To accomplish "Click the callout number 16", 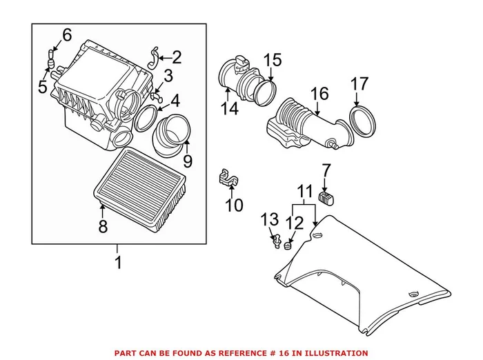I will pyautogui.click(x=319, y=92).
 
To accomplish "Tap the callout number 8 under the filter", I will pyautogui.click(x=103, y=226).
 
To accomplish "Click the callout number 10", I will pyautogui.click(x=235, y=204).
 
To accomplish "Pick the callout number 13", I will pyautogui.click(x=269, y=220).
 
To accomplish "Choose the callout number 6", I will pyautogui.click(x=67, y=35).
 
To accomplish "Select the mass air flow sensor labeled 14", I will pyautogui.click(x=239, y=79).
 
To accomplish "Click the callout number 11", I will pyautogui.click(x=304, y=190).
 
